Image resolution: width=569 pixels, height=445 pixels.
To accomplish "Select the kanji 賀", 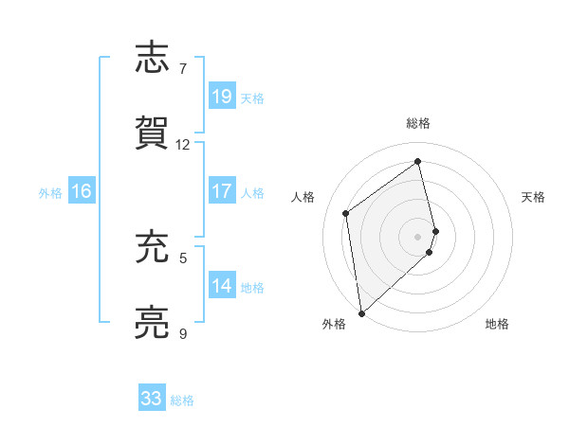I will click(153, 132).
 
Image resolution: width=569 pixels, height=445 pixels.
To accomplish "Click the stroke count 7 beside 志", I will click(183, 69).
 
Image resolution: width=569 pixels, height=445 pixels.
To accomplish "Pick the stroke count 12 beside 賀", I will click(183, 144).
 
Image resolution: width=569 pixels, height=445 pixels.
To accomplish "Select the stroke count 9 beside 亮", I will click(183, 333).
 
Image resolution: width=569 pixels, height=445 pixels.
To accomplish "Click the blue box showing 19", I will click(222, 97).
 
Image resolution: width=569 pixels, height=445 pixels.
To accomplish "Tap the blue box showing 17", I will click(222, 191).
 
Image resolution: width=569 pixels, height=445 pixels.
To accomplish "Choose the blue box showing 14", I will click(222, 286).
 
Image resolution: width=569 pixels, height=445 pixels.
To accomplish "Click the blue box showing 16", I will click(82, 191).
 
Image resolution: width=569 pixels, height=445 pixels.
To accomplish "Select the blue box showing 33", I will click(152, 399).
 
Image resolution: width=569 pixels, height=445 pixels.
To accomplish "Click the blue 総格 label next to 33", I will click(182, 400).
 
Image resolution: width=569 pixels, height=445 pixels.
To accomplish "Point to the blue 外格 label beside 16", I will click(50, 192).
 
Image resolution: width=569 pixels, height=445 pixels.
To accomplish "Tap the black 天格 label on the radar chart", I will click(534, 197).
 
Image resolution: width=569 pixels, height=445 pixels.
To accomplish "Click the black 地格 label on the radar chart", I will click(497, 324).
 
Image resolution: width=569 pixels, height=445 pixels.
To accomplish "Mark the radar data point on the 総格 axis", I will click(417, 161).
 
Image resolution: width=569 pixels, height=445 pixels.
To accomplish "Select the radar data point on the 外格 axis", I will click(361, 312).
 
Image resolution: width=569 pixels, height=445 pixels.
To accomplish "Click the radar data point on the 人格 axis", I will click(346, 213).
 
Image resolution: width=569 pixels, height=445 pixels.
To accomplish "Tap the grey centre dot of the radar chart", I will click(418, 236).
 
